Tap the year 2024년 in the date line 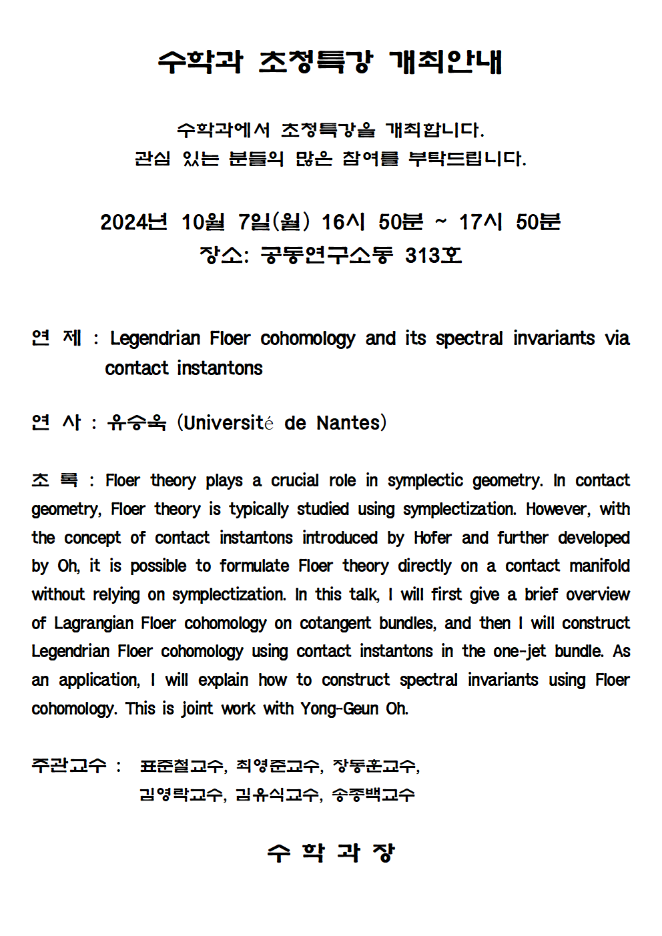pyautogui.click(x=133, y=221)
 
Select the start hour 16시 pyautogui.click(x=343, y=221)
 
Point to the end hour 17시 pyautogui.click(x=480, y=221)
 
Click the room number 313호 pyautogui.click(x=433, y=255)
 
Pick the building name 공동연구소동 pyautogui.click(x=326, y=255)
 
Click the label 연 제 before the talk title pyautogui.click(x=56, y=338)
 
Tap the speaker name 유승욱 pyautogui.click(x=137, y=422)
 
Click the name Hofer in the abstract pyautogui.click(x=432, y=538)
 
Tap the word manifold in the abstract pyautogui.click(x=599, y=566)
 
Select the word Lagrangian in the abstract pyautogui.click(x=93, y=623)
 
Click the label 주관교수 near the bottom pyautogui.click(x=69, y=765)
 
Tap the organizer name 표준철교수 pyautogui.click(x=182, y=766)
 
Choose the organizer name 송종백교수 pyautogui.click(x=374, y=795)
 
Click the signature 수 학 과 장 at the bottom pyautogui.click(x=331, y=852)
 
